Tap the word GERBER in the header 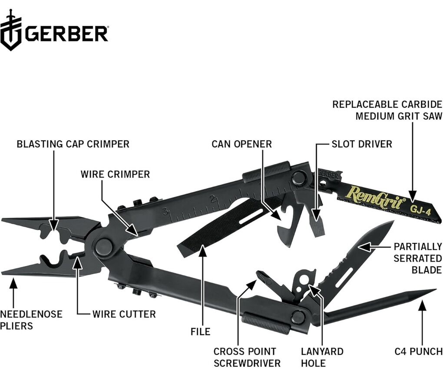[x=66, y=34]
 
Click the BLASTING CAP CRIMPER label [x=73, y=144]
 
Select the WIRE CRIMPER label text [x=115, y=174]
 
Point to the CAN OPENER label [x=241, y=144]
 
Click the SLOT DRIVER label [x=361, y=144]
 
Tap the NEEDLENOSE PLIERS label [x=31, y=319]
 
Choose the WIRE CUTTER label [x=124, y=314]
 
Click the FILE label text [x=200, y=332]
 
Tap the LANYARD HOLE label [x=322, y=357]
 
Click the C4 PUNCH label [x=418, y=351]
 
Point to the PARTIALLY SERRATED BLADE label [x=417, y=258]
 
